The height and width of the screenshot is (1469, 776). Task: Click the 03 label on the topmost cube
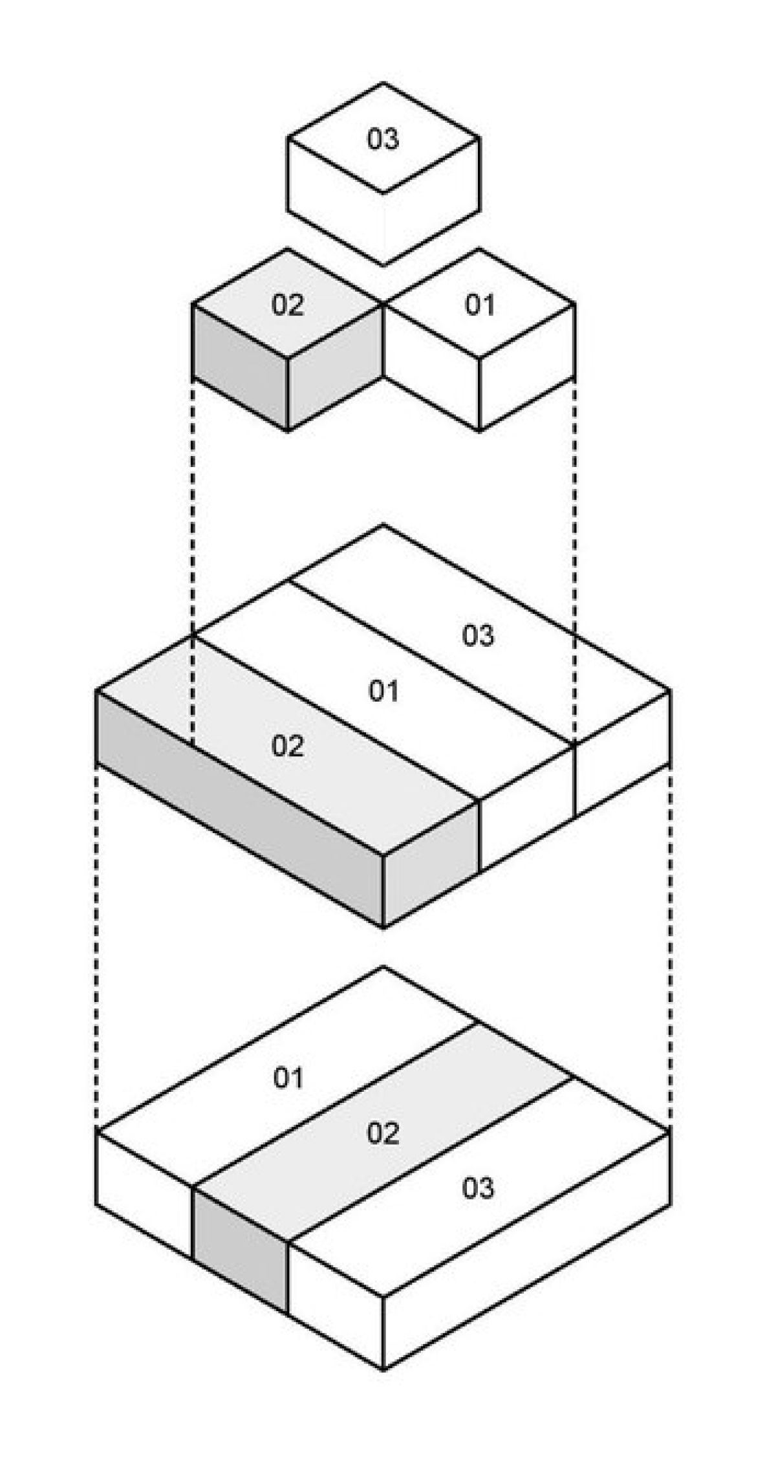click(383, 140)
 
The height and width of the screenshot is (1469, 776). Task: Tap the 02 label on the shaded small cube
click(288, 305)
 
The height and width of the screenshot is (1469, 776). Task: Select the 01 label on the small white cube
click(480, 305)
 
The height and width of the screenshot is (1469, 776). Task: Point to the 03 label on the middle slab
click(478, 636)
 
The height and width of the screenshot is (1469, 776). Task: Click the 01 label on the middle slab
click(383, 691)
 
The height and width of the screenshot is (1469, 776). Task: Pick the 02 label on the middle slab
click(288, 746)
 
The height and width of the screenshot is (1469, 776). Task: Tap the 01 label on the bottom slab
click(288, 1078)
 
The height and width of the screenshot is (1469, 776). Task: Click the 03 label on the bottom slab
click(478, 1188)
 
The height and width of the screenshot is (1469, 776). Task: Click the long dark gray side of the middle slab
click(239, 809)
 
